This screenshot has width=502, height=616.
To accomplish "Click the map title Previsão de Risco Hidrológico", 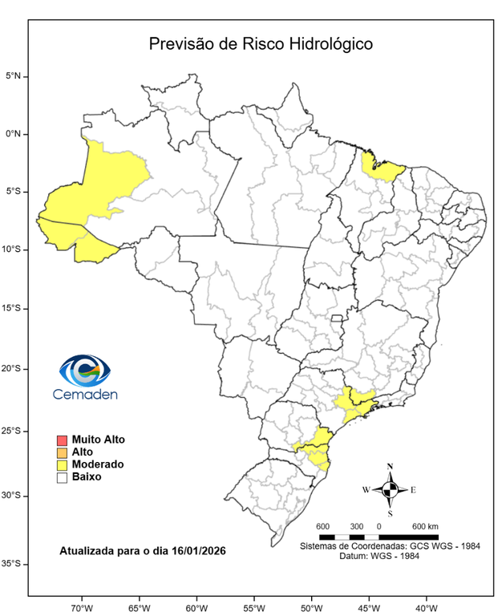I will pyautogui.click(x=261, y=44).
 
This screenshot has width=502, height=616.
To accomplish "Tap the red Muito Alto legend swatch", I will pyautogui.click(x=62, y=440).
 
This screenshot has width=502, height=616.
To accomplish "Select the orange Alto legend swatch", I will pyautogui.click(x=62, y=452).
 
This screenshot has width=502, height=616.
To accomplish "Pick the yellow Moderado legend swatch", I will pyautogui.click(x=62, y=464).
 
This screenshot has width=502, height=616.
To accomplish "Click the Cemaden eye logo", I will pyautogui.click(x=84, y=371).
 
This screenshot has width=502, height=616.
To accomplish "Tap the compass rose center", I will pyautogui.click(x=390, y=488).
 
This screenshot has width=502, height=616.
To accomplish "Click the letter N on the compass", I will pyautogui.click(x=390, y=466).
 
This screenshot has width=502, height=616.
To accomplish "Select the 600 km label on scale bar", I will pyautogui.click(x=424, y=526).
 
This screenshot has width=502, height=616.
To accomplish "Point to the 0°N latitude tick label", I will pyautogui.click(x=14, y=134).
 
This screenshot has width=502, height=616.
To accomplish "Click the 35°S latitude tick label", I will pyautogui.click(x=13, y=564).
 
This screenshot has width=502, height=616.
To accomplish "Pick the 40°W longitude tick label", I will pyautogui.click(x=425, y=606).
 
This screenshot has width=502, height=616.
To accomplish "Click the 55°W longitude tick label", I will pyautogui.click(x=253, y=606).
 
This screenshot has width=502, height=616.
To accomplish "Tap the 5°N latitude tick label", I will pyautogui.click(x=14, y=76).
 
